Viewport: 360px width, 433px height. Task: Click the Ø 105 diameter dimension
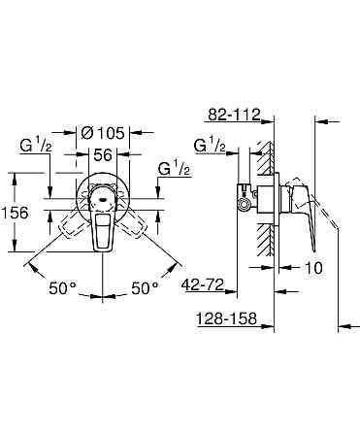pyautogui.click(x=102, y=131)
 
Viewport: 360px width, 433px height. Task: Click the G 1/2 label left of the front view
pyautogui.click(x=37, y=148)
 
